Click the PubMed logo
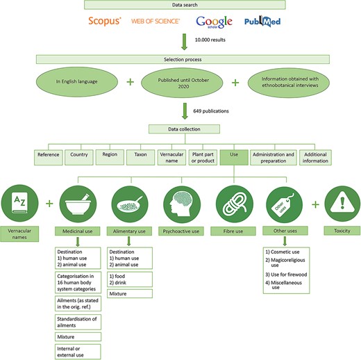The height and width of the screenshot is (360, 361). coord(262,22)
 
